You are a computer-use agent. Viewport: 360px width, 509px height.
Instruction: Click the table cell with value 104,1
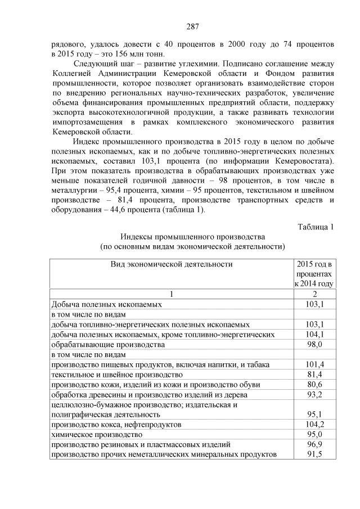pyautogui.click(x=314, y=335)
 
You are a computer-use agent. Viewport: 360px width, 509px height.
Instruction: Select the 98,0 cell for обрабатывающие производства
pyautogui.click(x=314, y=344)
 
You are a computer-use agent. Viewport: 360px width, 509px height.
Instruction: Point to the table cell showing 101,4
pyautogui.click(x=314, y=364)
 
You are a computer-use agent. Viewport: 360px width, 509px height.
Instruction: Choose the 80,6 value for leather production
pyautogui.click(x=314, y=385)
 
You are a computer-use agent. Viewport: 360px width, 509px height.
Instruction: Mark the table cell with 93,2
pyautogui.click(x=314, y=395)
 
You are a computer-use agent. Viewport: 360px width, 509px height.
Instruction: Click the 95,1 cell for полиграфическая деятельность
pyautogui.click(x=314, y=415)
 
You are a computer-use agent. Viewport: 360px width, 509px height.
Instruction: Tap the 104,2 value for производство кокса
pyautogui.click(x=314, y=425)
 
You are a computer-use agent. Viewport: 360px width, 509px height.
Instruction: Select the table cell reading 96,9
pyautogui.click(x=314, y=445)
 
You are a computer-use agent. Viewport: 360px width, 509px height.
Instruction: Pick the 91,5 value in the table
pyautogui.click(x=314, y=454)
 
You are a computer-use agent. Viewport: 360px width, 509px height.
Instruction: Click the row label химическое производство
pyautogui.click(x=97, y=435)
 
